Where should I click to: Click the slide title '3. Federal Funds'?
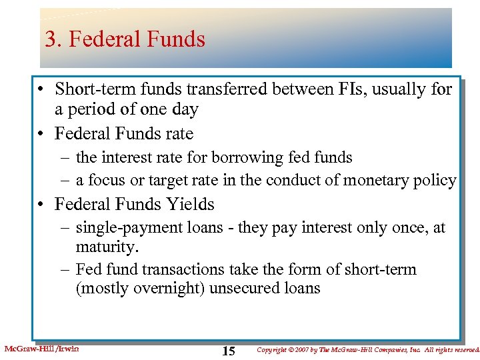point(125,39)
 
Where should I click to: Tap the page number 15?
point(228,351)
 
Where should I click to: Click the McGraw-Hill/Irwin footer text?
point(41,349)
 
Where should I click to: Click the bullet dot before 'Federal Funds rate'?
point(41,134)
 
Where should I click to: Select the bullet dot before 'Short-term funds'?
point(41,89)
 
